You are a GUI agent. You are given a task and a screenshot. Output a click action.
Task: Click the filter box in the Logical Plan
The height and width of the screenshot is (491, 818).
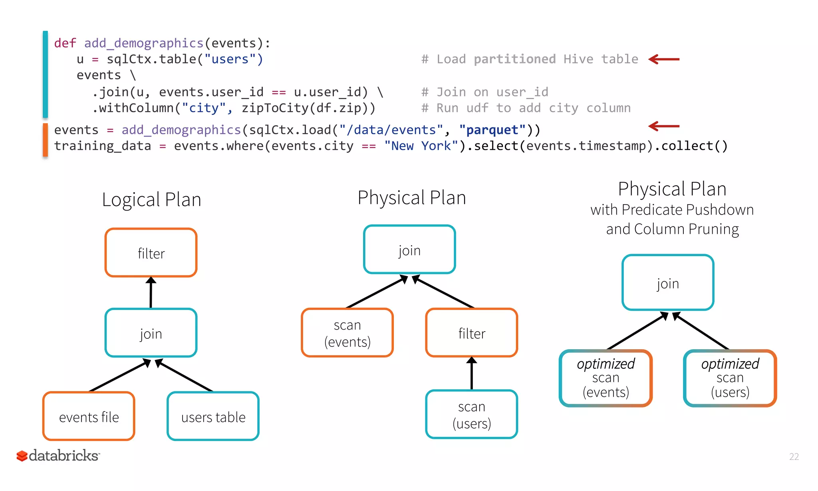point(151,253)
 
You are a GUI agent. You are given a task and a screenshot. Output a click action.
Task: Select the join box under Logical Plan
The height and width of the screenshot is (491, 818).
point(151,333)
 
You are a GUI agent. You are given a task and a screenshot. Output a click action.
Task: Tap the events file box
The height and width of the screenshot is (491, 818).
point(89,416)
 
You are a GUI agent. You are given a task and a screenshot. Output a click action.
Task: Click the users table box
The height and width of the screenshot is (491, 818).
point(213,416)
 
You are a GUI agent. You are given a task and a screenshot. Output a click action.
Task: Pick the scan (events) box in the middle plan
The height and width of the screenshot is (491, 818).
point(347,333)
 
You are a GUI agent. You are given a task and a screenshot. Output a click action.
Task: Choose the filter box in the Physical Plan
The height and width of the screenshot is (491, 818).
point(472,333)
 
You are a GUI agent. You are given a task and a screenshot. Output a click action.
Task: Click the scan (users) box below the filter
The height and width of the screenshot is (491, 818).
point(472,414)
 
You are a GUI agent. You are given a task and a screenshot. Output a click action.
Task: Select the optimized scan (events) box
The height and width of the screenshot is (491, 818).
point(606,378)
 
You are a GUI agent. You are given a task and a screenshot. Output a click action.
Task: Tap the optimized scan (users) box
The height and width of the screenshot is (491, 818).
point(730,378)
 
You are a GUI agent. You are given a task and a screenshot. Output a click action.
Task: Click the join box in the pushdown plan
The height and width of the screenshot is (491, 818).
point(668,283)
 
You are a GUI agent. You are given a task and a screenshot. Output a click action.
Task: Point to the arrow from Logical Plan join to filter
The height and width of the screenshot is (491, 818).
point(151,293)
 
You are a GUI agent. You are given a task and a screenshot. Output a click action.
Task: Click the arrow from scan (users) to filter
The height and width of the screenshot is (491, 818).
point(472,374)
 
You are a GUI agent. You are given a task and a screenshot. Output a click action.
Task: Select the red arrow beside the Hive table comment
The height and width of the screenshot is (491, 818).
point(664,60)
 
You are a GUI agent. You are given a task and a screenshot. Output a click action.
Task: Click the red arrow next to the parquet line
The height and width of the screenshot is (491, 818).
point(664,126)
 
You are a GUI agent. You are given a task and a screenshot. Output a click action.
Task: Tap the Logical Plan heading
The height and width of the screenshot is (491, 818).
point(151,199)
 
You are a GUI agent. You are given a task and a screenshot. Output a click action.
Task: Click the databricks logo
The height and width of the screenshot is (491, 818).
point(58,455)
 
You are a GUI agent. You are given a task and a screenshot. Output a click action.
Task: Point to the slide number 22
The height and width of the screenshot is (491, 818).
point(794,457)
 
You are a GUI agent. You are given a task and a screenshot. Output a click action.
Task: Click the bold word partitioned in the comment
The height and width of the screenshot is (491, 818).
point(514,60)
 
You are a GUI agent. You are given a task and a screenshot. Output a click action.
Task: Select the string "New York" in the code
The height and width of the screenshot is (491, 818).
point(421,146)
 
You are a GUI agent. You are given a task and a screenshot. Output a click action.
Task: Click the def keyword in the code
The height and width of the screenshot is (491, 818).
point(65,43)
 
